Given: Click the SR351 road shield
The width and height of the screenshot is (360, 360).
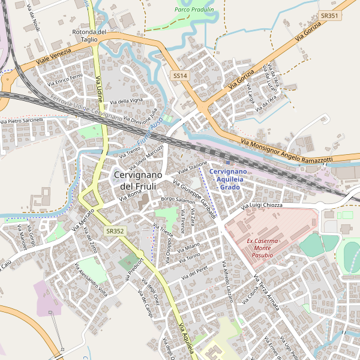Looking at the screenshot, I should (x=329, y=16).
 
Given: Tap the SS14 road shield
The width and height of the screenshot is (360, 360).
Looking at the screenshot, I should (x=181, y=76).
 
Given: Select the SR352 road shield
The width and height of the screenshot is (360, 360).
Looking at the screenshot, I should (x=115, y=230).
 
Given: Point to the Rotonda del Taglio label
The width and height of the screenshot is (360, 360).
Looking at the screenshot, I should (x=89, y=35).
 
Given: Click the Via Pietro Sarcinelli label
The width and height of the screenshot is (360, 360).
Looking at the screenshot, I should (x=23, y=121).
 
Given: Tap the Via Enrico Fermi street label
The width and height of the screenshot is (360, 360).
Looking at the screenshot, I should (x=65, y=79).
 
